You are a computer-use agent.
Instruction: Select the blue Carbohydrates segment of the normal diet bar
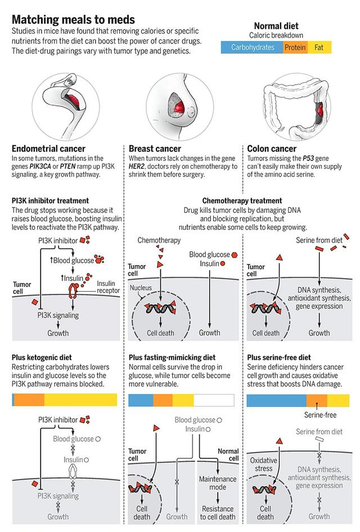[x=251, y=48]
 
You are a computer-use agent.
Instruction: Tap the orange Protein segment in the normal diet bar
[x=295, y=48]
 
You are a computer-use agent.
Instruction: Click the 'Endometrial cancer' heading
[x=48, y=149]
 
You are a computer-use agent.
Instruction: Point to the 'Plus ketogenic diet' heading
[x=45, y=357]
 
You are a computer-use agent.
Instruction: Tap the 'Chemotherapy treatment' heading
[x=242, y=200]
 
